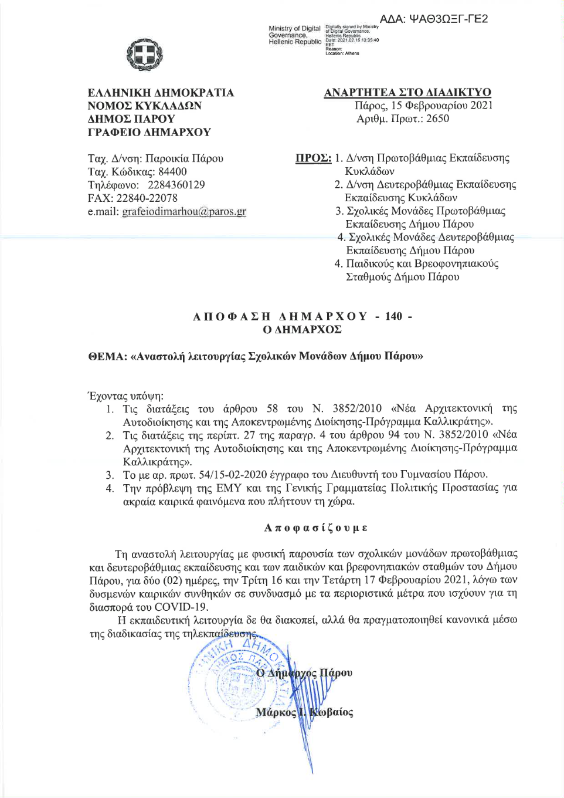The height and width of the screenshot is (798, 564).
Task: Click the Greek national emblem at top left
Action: click(145, 55)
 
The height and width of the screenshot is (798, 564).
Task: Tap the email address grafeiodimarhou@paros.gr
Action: click(184, 211)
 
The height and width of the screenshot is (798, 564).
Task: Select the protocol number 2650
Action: click(437, 119)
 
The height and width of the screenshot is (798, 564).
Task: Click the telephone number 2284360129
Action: click(176, 185)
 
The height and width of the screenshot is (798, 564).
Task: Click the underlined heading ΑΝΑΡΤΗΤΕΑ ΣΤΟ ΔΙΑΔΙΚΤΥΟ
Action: click(407, 92)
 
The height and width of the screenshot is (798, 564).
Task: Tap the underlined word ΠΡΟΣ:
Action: click(313, 158)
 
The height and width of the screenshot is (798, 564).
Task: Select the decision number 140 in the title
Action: click(393, 316)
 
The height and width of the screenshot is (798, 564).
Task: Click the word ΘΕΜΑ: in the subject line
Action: click(107, 356)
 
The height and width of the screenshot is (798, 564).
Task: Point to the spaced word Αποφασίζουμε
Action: click(316, 528)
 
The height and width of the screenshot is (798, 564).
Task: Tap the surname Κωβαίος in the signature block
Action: click(331, 712)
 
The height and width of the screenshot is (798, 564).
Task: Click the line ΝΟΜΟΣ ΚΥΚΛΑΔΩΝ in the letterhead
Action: click(144, 106)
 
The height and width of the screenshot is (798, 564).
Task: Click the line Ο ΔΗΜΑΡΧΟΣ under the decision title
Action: click(302, 330)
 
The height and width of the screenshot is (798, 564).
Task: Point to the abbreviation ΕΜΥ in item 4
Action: click(229, 488)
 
